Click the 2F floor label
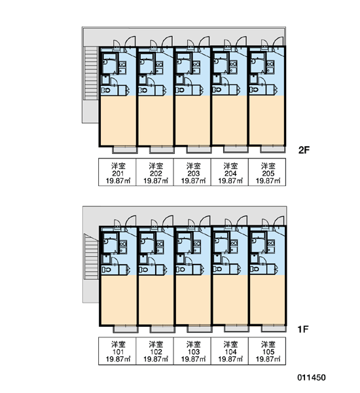coord(304,150)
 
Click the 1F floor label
coord(303,329)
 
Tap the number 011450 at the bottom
coord(312,377)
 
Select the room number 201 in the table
coord(118,174)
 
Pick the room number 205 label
coord(268,174)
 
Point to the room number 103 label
coord(193,352)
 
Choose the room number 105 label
coord(268,352)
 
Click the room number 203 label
coord(193,174)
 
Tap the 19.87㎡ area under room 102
coord(156,359)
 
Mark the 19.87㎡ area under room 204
coord(230,181)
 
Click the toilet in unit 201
coord(106,90)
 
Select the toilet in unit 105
coord(255,269)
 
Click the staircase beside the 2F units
coord(91,73)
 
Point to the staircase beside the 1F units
coord(91,256)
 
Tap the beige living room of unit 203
coord(193,121)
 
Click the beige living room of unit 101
coord(118,300)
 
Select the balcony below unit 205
coord(272,149)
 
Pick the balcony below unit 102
coord(162,329)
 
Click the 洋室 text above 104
coord(230,345)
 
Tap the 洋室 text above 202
coord(156,166)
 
